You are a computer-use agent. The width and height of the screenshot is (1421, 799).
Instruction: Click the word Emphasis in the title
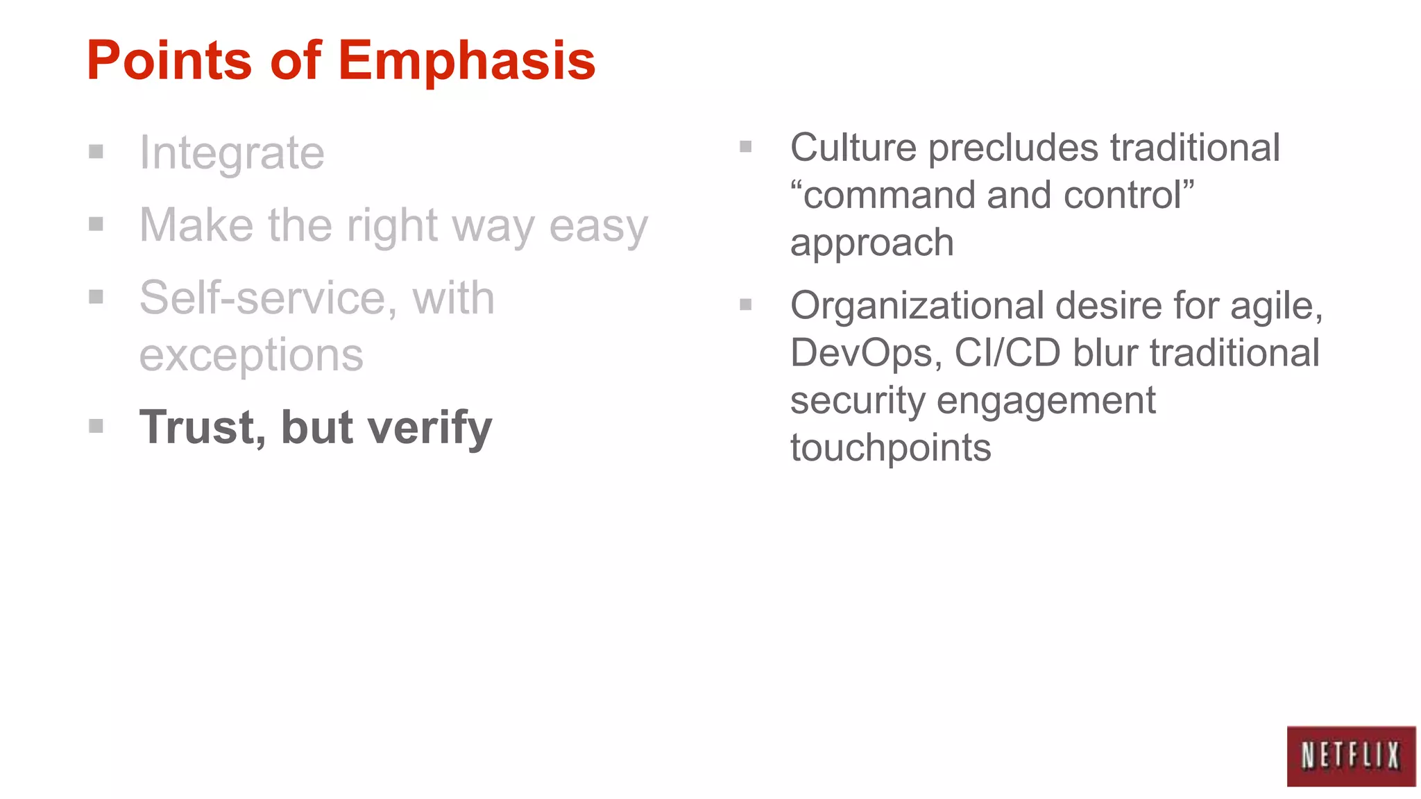coord(467,61)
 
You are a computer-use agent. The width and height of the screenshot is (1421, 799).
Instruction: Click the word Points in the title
coord(169,61)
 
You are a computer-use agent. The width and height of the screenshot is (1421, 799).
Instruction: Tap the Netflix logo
coord(1350,756)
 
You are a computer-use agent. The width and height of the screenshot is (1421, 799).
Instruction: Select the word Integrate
coord(232,153)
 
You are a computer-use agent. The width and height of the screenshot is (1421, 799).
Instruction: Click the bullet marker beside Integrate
coord(96,151)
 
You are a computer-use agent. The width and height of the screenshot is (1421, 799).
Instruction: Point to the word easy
coord(598,226)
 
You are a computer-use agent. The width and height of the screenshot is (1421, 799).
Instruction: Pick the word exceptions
coord(251,355)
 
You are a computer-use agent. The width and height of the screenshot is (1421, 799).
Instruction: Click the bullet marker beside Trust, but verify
coord(96,426)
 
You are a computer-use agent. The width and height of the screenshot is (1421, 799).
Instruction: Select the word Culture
coord(853,148)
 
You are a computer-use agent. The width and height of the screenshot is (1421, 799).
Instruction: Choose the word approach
coord(872,243)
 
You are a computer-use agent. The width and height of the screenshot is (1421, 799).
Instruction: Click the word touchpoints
coord(891,447)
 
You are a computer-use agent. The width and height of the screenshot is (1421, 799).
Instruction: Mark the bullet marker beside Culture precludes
coord(746,146)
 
